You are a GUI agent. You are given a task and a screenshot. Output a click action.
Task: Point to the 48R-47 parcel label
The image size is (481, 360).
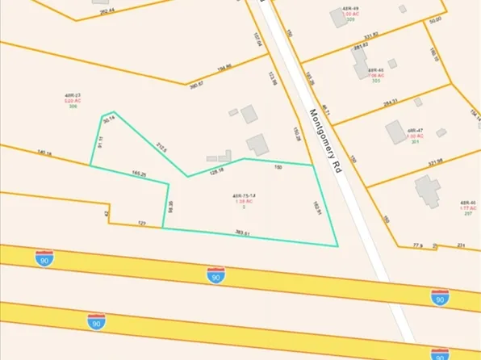point(416,130)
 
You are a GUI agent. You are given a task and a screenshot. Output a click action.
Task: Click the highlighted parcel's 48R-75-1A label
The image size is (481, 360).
point(243,196)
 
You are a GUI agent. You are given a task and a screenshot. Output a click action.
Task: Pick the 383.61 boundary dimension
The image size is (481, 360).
point(242,232)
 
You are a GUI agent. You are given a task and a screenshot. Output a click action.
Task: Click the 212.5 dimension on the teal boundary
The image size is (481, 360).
point(161,147)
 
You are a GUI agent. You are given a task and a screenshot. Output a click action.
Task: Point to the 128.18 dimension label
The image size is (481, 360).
point(216,170)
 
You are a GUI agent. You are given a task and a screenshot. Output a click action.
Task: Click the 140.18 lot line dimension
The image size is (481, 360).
point(44,152)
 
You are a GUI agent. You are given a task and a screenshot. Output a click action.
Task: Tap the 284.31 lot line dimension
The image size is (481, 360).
point(391,103)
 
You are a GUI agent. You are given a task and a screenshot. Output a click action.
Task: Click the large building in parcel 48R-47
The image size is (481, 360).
point(395,131)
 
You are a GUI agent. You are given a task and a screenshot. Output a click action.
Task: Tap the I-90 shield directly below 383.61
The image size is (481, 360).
point(215,275)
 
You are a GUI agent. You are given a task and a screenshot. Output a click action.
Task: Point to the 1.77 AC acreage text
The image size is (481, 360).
point(467,207)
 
